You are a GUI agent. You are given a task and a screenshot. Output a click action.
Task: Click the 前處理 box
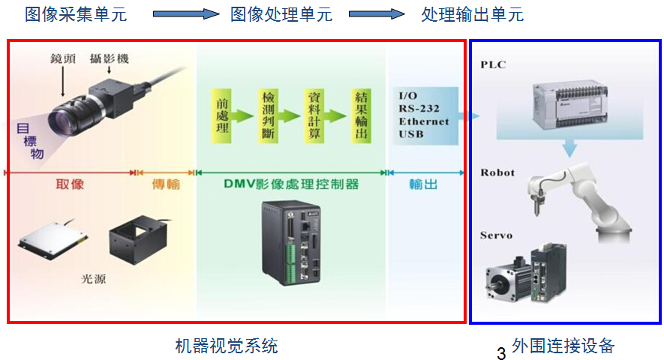click(221, 115)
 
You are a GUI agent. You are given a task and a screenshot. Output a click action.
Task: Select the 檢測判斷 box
click(268, 115)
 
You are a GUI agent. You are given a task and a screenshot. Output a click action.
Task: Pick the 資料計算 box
click(314, 115)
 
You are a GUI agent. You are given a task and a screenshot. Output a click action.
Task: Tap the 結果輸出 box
click(361, 115)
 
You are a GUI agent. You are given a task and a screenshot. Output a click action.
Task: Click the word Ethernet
click(423, 121)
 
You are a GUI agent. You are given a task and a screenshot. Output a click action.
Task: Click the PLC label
click(494, 64)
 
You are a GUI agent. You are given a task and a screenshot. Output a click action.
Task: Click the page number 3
click(501, 352)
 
